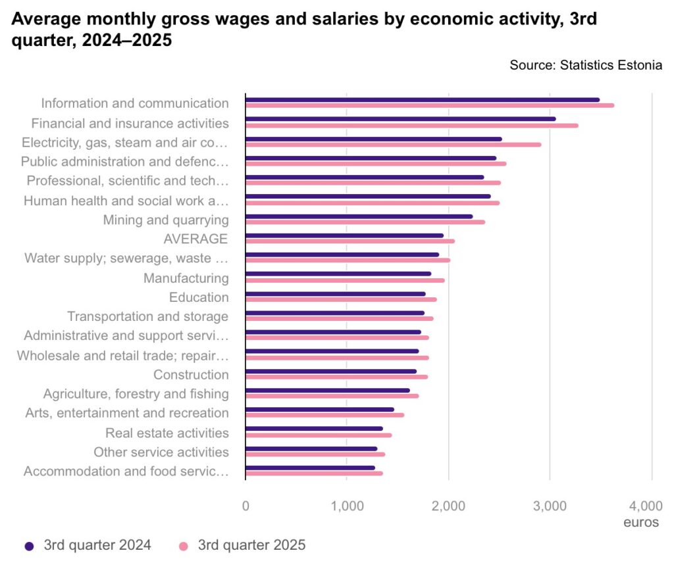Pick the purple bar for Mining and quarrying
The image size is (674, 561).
pos(359,216)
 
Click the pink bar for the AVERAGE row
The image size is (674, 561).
pos(350,241)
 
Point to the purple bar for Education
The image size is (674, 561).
pos(335,293)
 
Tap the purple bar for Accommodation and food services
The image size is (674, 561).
pos(309,468)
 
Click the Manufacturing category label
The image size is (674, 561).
pos(186,278)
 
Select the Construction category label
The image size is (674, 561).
pos(191,375)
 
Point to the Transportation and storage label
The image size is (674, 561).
pos(147,317)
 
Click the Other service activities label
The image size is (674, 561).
pos(161,452)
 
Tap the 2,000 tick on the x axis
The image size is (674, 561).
pos(449,506)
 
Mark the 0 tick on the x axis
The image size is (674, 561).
pos(246,506)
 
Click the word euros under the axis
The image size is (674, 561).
pos(641,523)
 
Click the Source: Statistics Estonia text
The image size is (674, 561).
pos(585,66)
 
